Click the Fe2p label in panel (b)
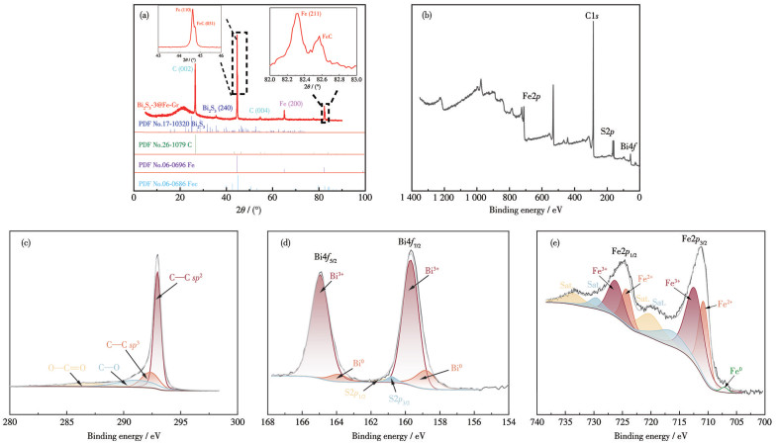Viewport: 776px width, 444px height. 536,97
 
